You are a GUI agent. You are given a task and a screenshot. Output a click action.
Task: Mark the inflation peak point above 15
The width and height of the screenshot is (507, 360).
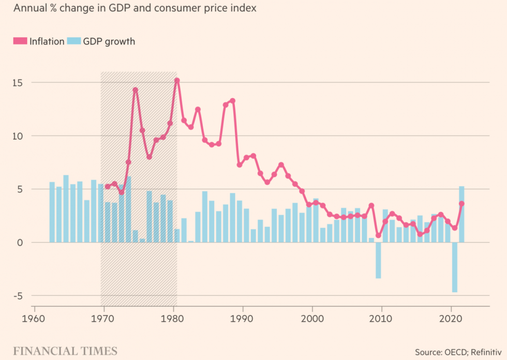[177, 80]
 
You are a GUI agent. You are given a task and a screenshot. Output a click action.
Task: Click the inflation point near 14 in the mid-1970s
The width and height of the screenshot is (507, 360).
[136, 90]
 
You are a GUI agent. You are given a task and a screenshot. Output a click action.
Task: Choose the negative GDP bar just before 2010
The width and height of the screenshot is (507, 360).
[378, 260]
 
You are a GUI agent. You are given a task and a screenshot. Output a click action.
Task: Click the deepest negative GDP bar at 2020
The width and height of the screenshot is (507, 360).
[455, 267]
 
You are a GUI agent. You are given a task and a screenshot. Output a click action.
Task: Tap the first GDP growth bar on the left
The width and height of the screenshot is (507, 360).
[52, 212]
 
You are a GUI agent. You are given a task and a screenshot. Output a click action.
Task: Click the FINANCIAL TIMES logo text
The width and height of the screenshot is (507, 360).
[65, 351]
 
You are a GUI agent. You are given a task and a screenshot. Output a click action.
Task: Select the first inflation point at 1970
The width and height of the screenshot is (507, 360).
[108, 187]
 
